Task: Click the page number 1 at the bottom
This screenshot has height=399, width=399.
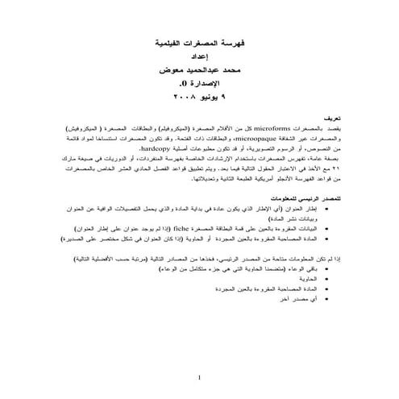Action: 199,377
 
